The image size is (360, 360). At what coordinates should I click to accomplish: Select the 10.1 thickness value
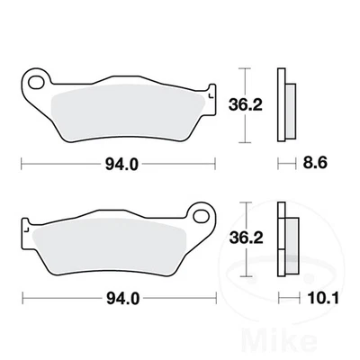[314, 297]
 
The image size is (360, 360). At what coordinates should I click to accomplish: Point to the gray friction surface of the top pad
[126, 112]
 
